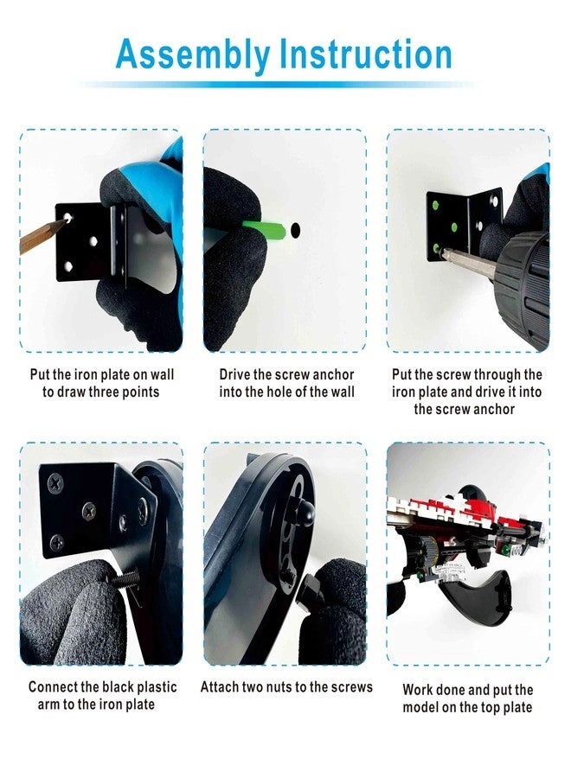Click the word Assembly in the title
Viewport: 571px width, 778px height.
coord(193,55)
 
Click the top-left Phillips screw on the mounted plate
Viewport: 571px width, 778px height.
coord(55,482)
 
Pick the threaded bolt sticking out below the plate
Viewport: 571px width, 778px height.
coord(125,579)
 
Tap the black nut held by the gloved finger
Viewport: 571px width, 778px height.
coord(308,589)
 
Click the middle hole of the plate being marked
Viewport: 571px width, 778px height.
coord(93,242)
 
